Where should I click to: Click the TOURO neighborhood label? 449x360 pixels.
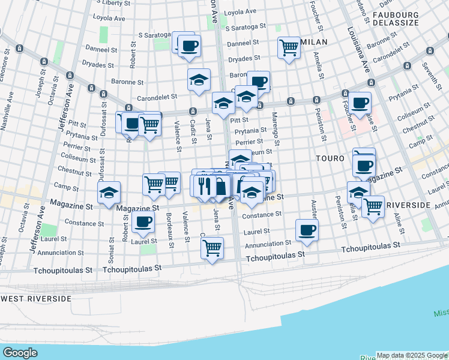331,158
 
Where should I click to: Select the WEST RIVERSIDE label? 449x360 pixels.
36,298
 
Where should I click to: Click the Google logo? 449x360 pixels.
20,353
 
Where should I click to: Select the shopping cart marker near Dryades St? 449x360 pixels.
289,47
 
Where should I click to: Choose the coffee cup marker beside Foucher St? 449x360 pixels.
361,103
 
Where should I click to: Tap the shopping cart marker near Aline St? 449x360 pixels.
373,206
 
